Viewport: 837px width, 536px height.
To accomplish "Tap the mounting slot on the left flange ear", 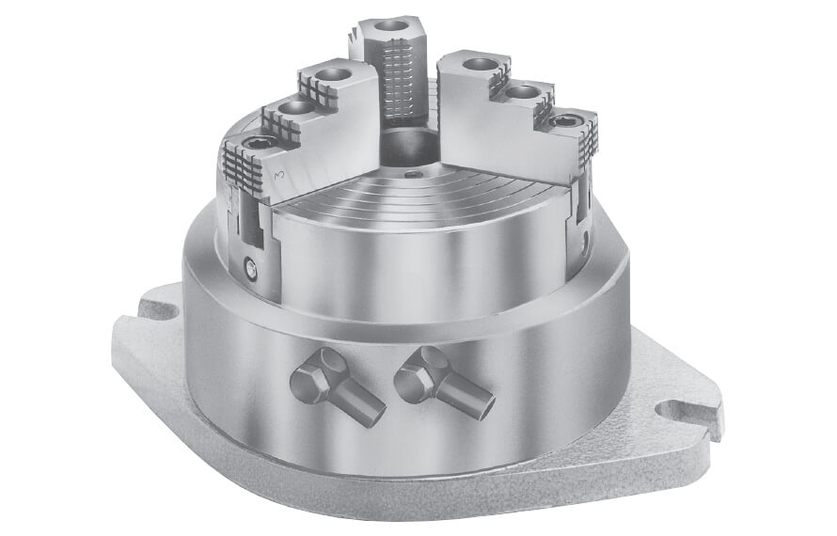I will click(x=152, y=304).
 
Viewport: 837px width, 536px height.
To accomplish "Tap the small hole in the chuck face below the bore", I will click(x=411, y=173).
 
